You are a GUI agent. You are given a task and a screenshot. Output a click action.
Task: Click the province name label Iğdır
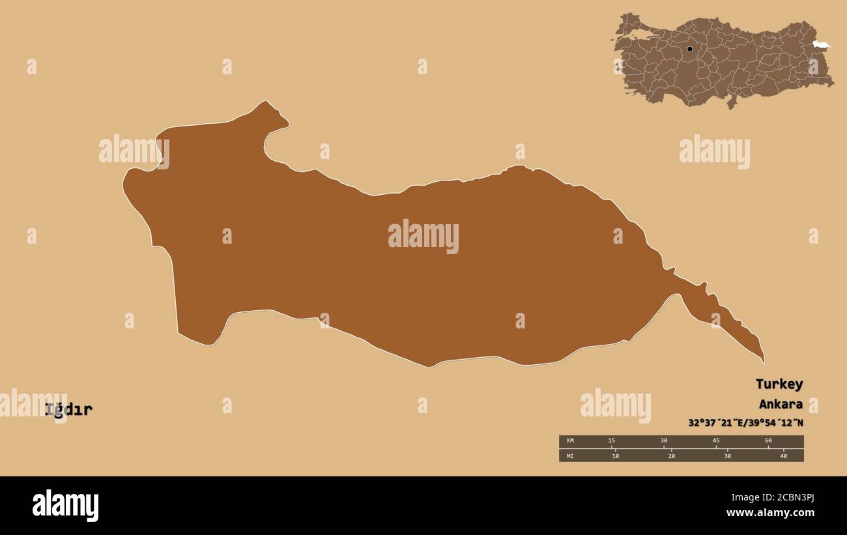click(68, 410)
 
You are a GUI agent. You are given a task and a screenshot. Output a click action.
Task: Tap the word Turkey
click(779, 384)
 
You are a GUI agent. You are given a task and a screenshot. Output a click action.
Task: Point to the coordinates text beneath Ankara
click(745, 423)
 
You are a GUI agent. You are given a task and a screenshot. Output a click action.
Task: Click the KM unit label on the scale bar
click(570, 441)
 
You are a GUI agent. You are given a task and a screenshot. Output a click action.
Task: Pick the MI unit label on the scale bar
click(570, 455)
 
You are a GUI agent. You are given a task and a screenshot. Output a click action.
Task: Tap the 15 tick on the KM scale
click(611, 441)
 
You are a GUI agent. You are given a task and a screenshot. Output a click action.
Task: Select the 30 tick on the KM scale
click(663, 441)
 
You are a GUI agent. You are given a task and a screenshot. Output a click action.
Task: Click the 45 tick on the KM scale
click(715, 441)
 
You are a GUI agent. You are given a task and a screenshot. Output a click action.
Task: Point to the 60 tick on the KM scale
click(768, 441)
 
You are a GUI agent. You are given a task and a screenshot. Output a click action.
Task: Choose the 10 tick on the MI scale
click(615, 455)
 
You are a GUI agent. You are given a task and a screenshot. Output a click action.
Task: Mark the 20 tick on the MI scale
click(671, 455)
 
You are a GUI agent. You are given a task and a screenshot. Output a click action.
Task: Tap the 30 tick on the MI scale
click(727, 455)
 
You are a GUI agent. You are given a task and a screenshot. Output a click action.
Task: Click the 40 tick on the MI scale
click(783, 455)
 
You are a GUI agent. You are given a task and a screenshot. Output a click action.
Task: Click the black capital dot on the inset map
click(689, 49)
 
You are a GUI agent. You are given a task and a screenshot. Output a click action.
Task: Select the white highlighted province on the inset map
click(821, 44)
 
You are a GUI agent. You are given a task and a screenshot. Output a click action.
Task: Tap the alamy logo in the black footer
click(65, 506)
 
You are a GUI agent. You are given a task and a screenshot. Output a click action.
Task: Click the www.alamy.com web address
click(770, 513)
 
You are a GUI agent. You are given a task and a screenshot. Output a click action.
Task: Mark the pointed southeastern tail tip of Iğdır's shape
click(763, 362)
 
